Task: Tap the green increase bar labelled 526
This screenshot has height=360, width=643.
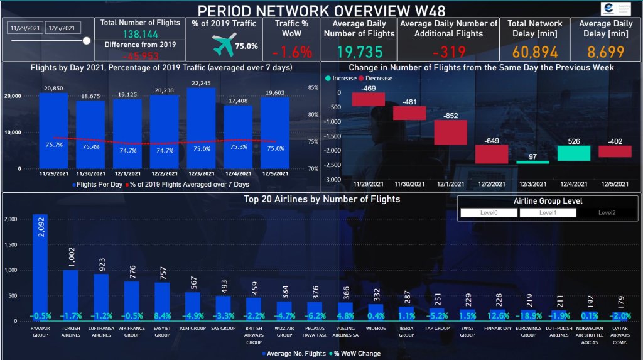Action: pyautogui.click(x=571, y=153)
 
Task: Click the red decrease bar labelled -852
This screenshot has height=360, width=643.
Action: pyautogui.click(x=451, y=133)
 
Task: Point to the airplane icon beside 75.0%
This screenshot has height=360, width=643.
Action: pyautogui.click(x=224, y=45)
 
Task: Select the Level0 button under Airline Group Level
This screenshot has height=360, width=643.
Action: pyautogui.click(x=489, y=213)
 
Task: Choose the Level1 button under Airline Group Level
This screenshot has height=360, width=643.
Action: pyautogui.click(x=548, y=213)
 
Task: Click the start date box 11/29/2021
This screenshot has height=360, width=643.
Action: pyautogui.click(x=24, y=28)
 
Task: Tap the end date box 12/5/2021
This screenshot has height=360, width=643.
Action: pyautogui.click(x=63, y=28)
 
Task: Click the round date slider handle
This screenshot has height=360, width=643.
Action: pyautogui.click(x=87, y=41)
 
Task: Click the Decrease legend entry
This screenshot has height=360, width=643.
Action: pyautogui.click(x=375, y=79)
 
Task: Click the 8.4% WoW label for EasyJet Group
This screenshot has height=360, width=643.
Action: pyautogui.click(x=163, y=315)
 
